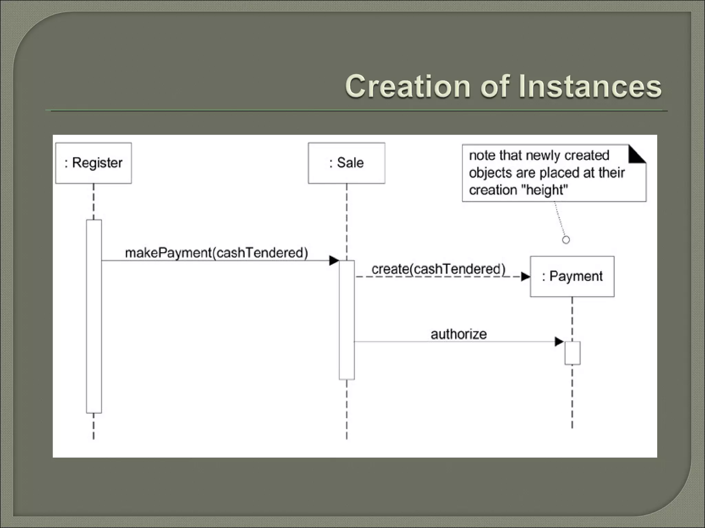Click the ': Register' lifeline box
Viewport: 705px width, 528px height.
click(93, 163)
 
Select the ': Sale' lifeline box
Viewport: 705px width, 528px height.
click(346, 163)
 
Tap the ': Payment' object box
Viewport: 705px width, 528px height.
click(572, 276)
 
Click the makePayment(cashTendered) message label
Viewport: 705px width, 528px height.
click(216, 253)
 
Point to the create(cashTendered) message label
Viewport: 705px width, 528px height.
click(439, 269)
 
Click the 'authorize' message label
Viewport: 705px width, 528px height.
click(459, 334)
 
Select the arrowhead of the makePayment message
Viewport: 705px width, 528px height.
click(334, 261)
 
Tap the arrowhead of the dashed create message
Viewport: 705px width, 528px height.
click(525, 277)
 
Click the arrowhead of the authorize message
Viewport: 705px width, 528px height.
click(559, 342)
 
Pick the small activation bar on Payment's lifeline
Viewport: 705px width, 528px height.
click(572, 353)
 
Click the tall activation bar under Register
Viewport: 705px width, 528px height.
click(94, 316)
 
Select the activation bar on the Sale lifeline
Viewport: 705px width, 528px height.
click(347, 320)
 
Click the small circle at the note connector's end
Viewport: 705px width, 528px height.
click(566, 240)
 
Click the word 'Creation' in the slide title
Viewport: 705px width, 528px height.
click(408, 86)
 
